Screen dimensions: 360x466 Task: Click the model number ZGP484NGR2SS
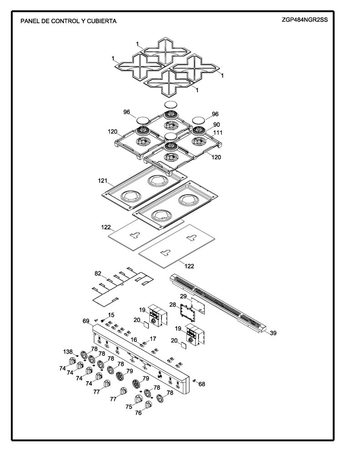tap(305, 20)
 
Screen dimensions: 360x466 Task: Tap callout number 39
tap(273, 333)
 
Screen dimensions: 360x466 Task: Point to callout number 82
tap(98, 273)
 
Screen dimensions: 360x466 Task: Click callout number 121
tap(103, 181)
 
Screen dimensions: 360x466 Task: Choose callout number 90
tap(217, 125)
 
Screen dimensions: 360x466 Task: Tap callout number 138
tap(68, 352)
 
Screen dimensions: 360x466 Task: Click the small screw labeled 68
tap(195, 381)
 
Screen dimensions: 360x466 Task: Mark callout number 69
tap(86, 321)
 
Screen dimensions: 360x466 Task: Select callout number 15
tap(111, 315)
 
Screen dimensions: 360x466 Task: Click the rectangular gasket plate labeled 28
tap(187, 313)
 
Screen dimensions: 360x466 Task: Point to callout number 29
tap(183, 296)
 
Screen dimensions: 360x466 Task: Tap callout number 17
tap(153, 339)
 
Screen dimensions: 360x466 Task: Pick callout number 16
tap(134, 339)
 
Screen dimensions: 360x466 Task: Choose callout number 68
tap(202, 384)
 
